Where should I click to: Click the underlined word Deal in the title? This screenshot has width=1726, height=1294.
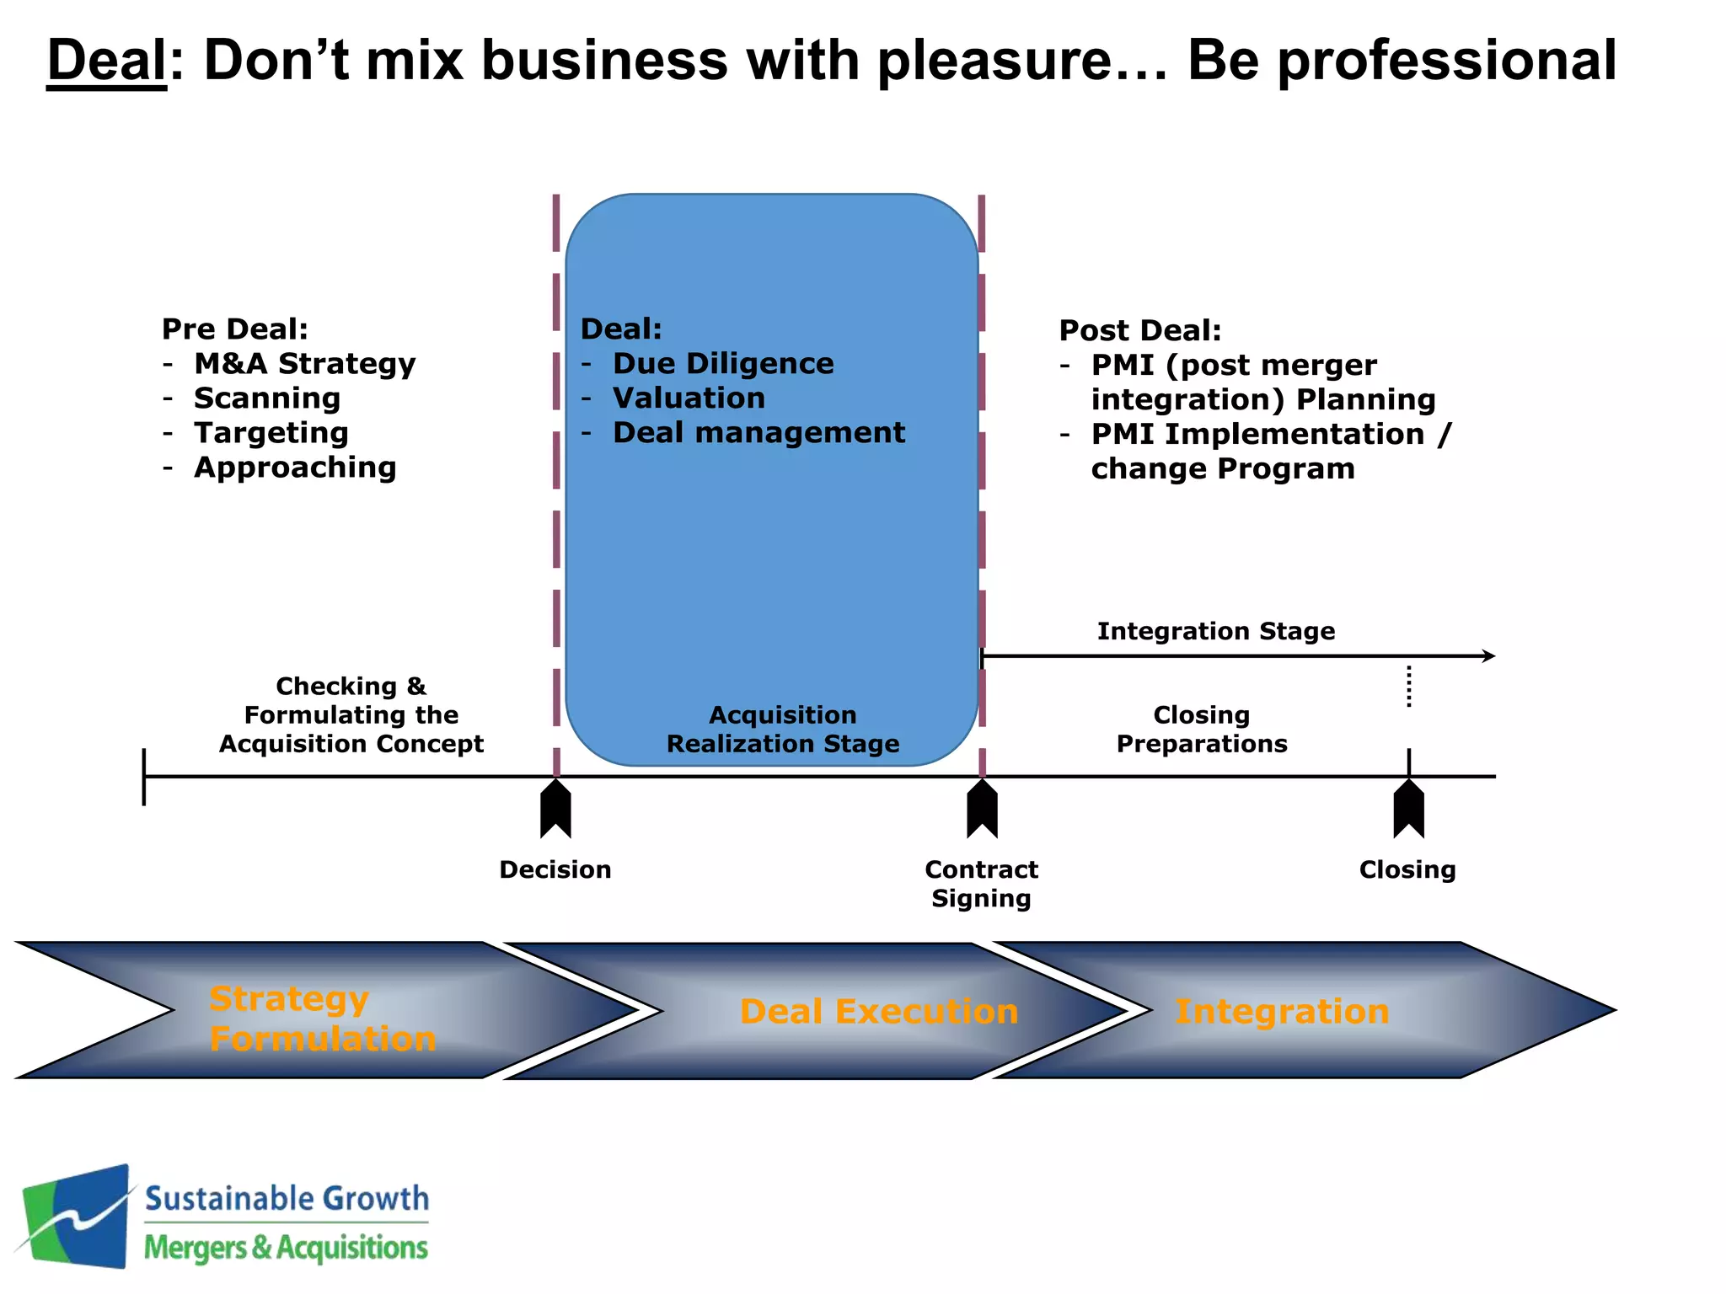(107, 61)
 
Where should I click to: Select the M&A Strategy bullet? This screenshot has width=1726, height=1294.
(304, 364)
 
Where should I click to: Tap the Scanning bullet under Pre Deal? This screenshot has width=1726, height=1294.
(267, 398)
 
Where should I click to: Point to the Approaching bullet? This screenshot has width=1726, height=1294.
(295, 468)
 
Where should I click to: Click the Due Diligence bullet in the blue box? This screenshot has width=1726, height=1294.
(723, 364)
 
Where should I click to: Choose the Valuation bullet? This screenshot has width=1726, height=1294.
(689, 398)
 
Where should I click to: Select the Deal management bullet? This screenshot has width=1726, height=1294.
(758, 433)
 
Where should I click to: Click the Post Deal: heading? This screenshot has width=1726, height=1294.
(1139, 330)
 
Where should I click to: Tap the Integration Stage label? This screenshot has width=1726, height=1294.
(1215, 631)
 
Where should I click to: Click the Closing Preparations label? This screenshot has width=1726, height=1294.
(1202, 730)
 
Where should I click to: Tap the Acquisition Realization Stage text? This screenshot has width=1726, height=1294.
(782, 730)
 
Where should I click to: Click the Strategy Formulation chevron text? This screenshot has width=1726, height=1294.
(322, 1019)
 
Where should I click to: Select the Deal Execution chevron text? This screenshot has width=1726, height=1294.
(879, 1012)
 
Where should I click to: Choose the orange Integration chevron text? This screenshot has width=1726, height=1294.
(1282, 1012)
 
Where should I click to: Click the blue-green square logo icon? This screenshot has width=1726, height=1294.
(78, 1216)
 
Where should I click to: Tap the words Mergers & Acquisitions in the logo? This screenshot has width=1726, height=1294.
(286, 1248)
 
